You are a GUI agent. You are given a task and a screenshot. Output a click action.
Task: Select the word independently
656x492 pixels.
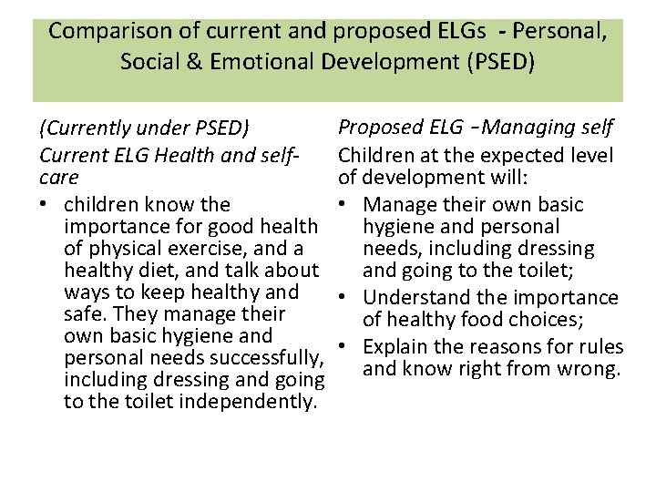252,401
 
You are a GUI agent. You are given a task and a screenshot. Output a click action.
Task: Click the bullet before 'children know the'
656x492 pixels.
44,205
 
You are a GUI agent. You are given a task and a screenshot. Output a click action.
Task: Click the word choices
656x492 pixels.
559,319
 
